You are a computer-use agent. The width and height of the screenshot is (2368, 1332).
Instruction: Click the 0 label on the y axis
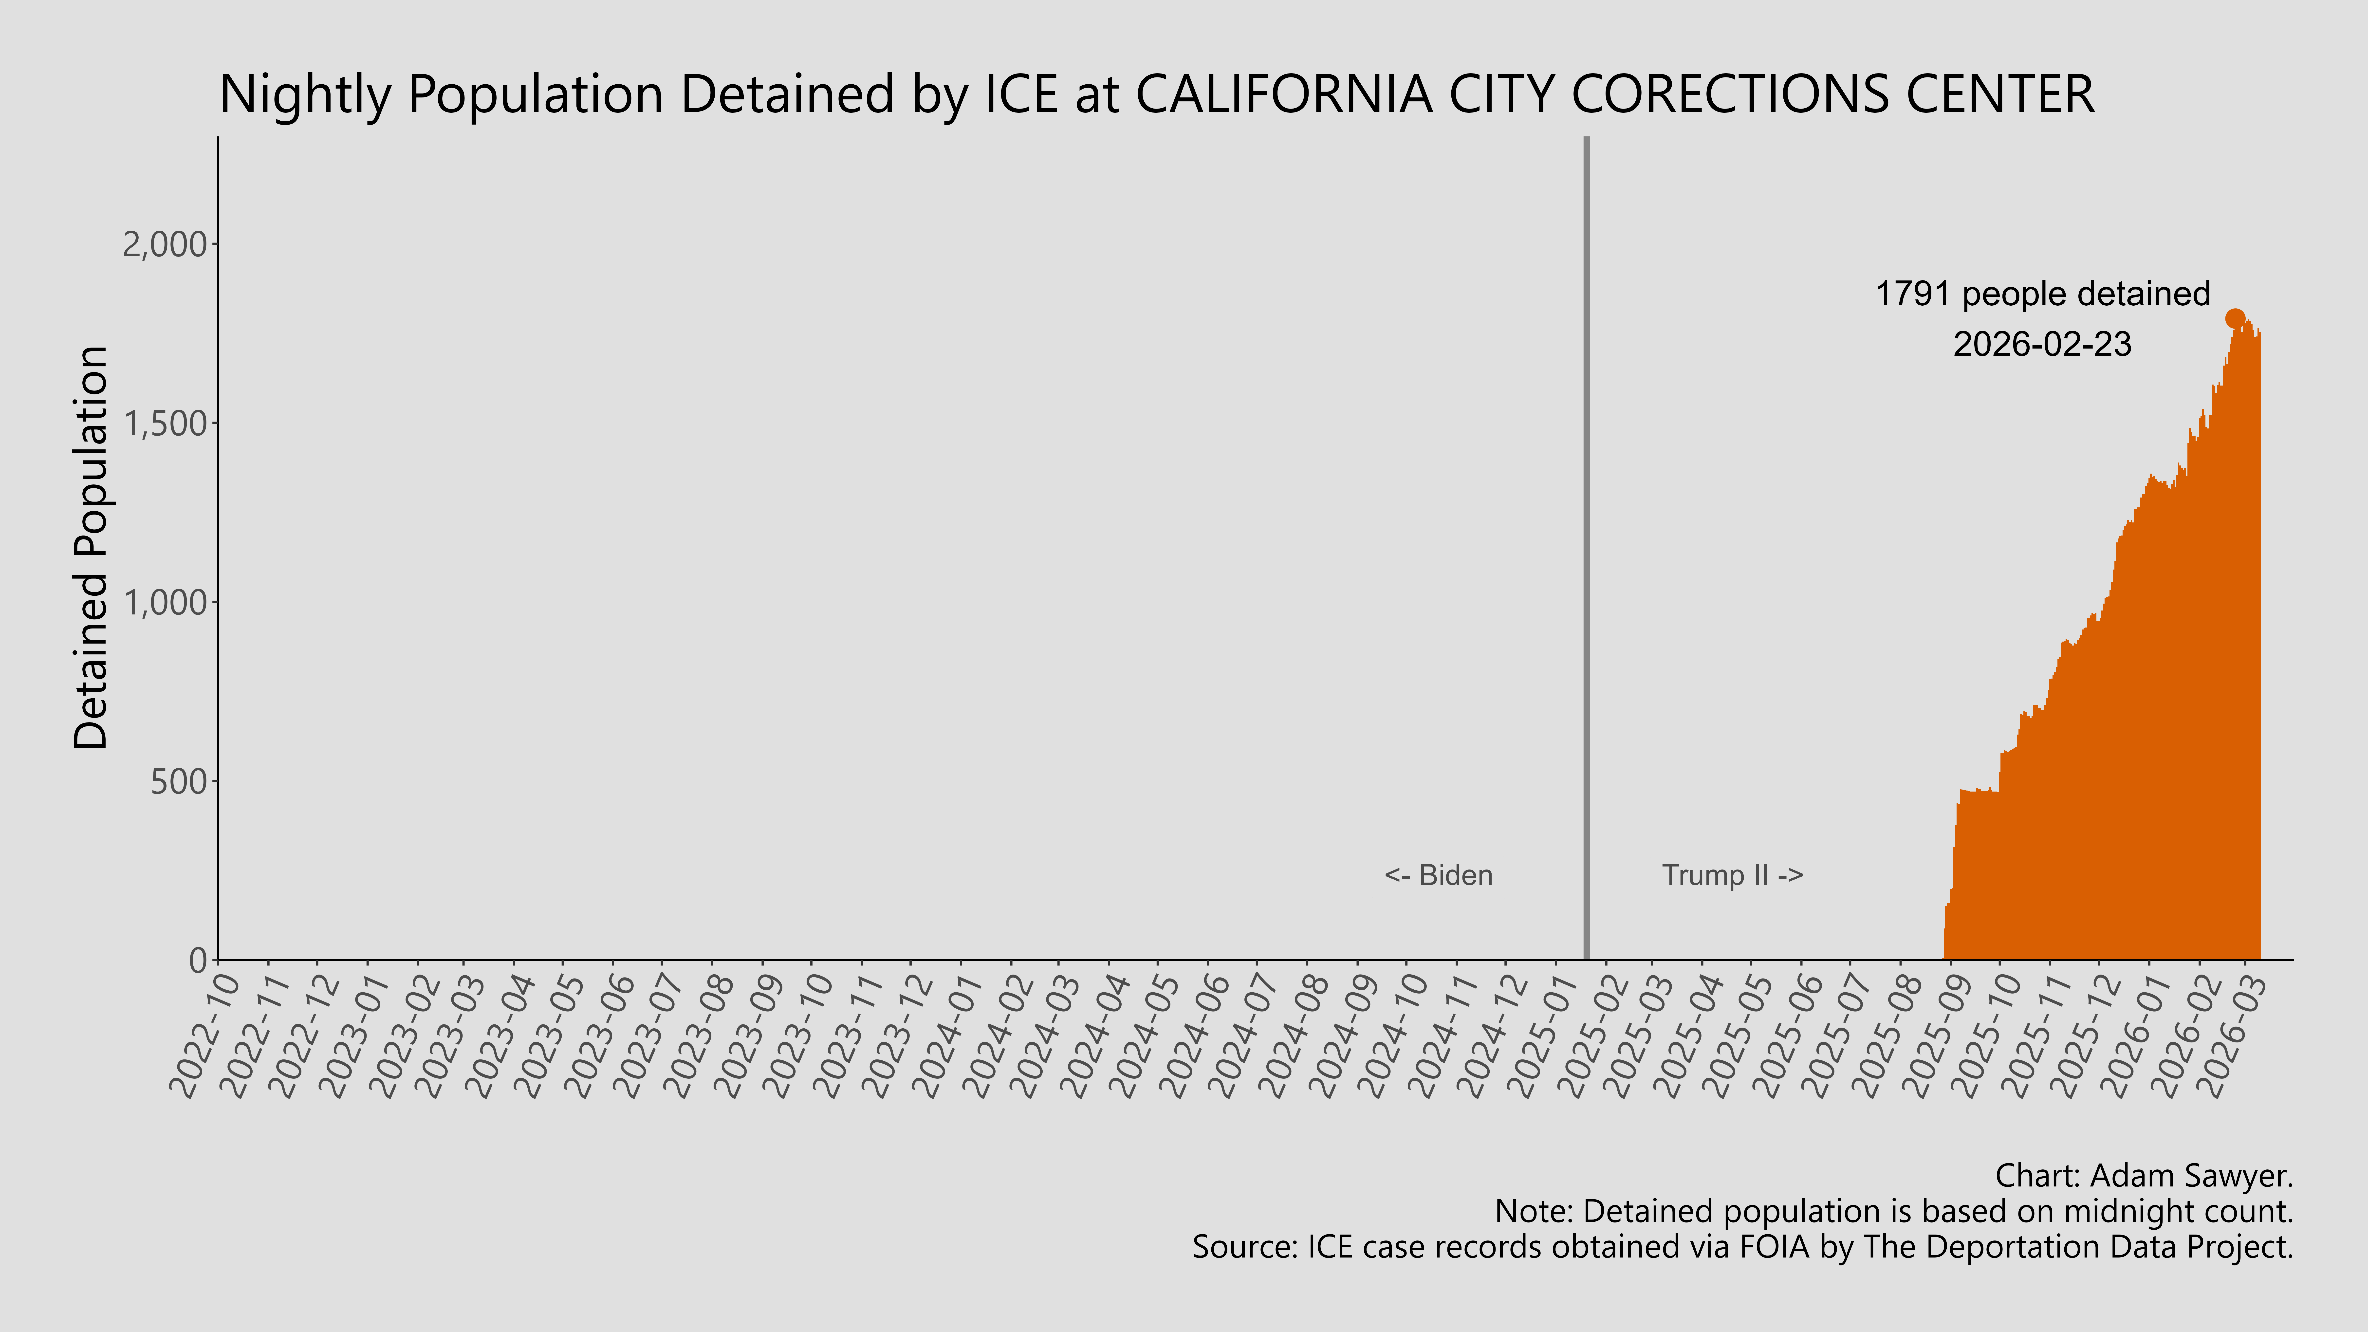tap(198, 961)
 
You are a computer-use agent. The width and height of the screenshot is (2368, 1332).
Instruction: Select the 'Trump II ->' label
tap(1732, 875)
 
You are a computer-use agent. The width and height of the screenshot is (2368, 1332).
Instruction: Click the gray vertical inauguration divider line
tap(1586, 552)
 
